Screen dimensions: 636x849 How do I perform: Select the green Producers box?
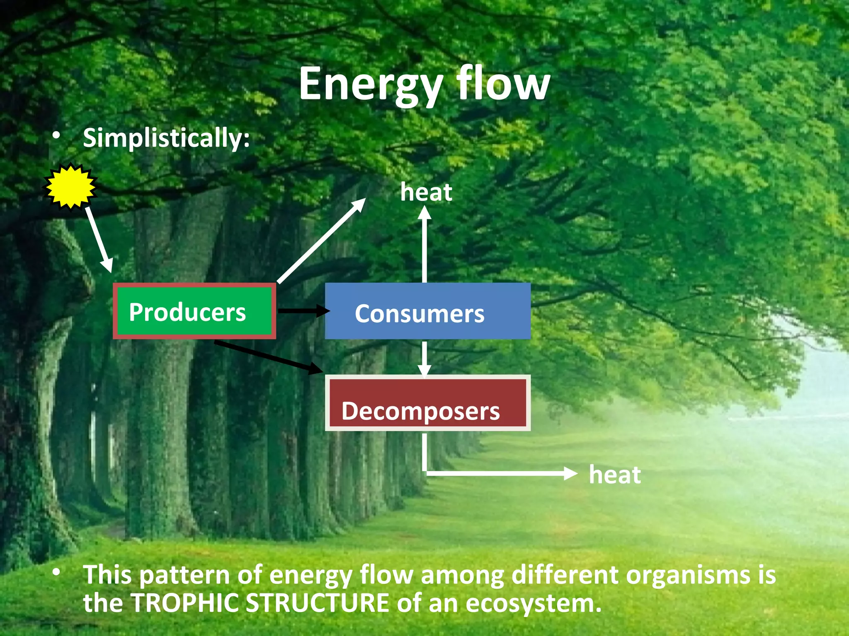click(x=194, y=311)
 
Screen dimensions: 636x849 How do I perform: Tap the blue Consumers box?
click(x=427, y=311)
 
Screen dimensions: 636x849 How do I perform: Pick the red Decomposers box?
click(x=427, y=403)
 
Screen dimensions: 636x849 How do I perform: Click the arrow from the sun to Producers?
click(x=99, y=240)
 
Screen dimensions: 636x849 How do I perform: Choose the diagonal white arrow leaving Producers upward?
click(x=321, y=241)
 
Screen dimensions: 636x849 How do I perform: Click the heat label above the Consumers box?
click(x=426, y=193)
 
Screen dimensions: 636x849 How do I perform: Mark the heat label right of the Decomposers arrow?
click(x=615, y=475)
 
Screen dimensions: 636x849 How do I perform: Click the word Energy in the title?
click(x=370, y=85)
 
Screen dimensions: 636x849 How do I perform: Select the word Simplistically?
click(x=166, y=138)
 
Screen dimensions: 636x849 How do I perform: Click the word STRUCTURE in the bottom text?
click(x=317, y=603)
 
